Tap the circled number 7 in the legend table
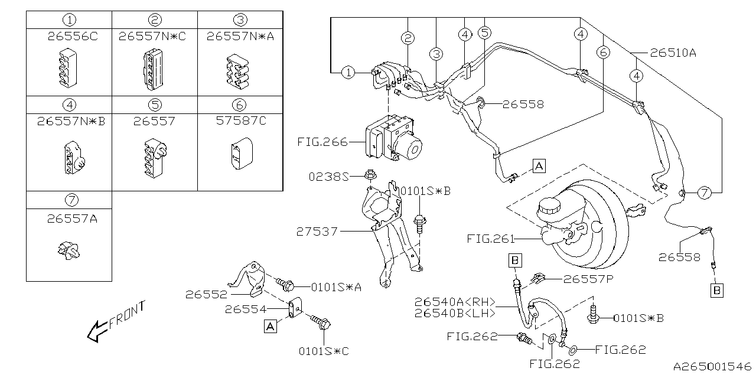[69, 200]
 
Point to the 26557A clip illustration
[69, 252]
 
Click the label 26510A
[673, 53]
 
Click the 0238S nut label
[328, 176]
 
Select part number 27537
[317, 232]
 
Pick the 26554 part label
[246, 309]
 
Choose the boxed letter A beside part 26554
[271, 327]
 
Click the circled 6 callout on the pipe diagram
[602, 53]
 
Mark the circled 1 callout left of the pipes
[349, 73]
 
